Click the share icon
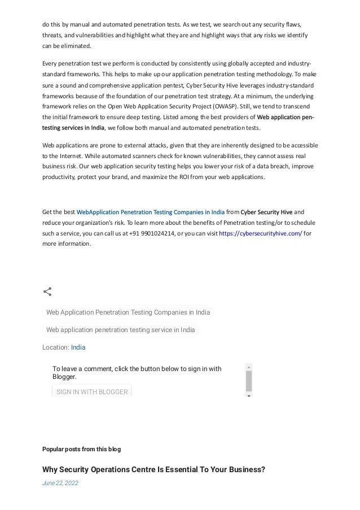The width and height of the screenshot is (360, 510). (x=47, y=292)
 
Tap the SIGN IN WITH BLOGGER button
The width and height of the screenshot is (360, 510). (x=91, y=391)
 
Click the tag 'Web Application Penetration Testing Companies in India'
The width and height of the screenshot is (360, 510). (x=128, y=312)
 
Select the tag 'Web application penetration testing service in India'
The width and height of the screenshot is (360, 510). (x=120, y=330)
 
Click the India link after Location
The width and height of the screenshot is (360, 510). (x=78, y=347)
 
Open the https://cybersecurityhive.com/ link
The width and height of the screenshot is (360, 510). (x=260, y=233)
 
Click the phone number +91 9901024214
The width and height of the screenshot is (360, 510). (x=151, y=233)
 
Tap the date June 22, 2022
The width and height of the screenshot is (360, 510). (x=60, y=483)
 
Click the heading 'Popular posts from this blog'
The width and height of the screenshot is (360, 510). (x=81, y=449)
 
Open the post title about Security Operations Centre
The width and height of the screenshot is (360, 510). (x=153, y=470)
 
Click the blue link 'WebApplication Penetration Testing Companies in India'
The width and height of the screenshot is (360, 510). (x=150, y=212)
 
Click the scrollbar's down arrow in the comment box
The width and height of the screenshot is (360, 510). (x=249, y=395)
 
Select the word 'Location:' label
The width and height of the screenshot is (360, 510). (x=56, y=347)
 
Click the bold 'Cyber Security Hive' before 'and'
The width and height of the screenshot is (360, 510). (x=267, y=212)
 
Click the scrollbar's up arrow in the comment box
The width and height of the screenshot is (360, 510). (x=249, y=367)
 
